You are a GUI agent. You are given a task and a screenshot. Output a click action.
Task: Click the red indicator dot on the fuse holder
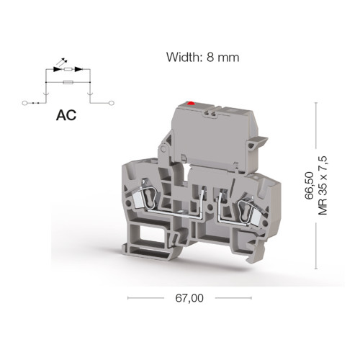point(191,104)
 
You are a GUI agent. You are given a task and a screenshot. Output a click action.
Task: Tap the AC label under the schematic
point(66,115)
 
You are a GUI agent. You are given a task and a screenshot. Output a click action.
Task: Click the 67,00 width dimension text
point(189,298)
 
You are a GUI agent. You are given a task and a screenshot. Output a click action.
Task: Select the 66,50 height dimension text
point(309,186)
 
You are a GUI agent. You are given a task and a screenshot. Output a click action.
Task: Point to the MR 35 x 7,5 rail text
point(323,186)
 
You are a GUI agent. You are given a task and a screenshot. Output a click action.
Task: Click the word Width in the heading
point(182,58)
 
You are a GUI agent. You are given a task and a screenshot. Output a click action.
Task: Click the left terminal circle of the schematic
point(24,103)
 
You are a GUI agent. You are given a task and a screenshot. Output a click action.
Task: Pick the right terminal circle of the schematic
point(112,103)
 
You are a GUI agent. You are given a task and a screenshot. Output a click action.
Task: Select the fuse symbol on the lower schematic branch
point(68,82)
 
